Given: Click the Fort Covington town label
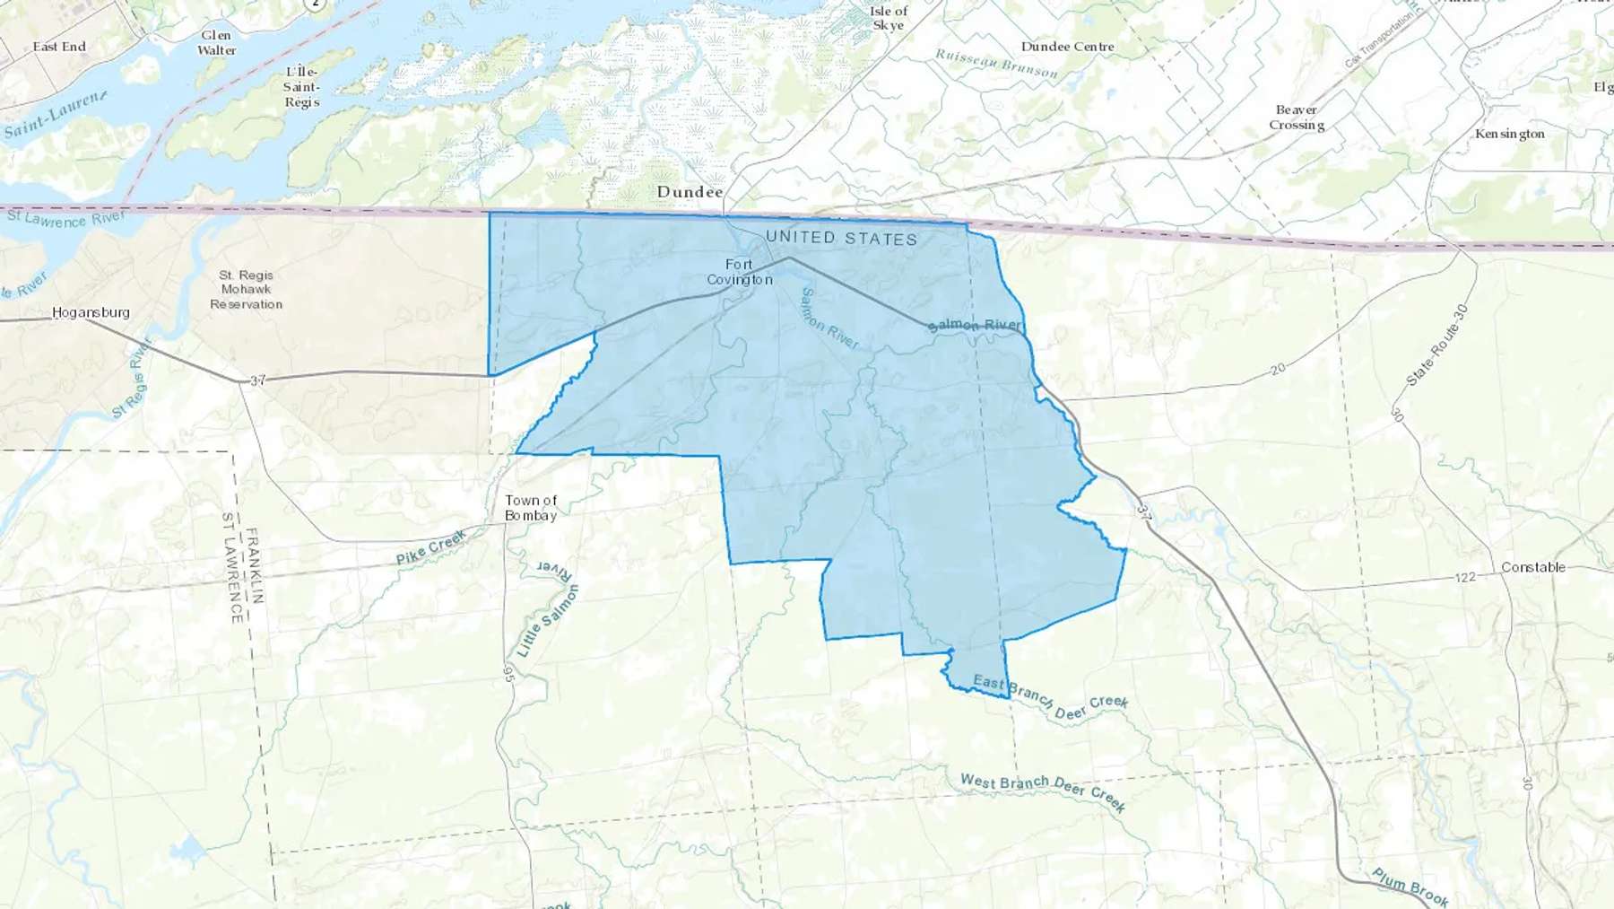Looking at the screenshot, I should (740, 272).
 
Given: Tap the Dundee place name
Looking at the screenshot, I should (690, 191).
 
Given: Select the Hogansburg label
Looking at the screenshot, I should (91, 312).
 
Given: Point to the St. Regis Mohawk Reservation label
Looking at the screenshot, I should (246, 289).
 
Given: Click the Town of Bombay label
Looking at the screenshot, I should (531, 508).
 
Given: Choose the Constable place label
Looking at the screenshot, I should (1533, 567).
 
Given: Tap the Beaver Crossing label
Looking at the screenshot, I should (1297, 118).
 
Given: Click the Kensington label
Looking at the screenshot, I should (1510, 134).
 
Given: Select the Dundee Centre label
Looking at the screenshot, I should (1067, 47).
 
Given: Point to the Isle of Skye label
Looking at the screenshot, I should (889, 18).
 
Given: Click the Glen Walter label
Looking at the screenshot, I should (216, 43).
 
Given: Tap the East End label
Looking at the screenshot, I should (59, 47).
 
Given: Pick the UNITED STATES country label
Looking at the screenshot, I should (841, 238).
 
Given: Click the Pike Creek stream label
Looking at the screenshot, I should (431, 546).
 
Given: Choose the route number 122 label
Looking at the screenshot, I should (1465, 577).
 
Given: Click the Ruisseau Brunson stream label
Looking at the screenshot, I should (996, 63).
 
